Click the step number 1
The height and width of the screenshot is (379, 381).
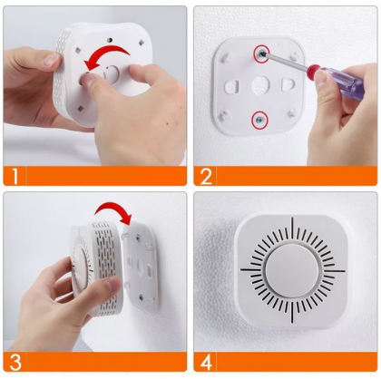(15, 176)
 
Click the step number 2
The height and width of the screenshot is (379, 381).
(206, 176)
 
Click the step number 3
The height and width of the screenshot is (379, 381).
(15, 362)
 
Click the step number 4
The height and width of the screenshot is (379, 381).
(206, 362)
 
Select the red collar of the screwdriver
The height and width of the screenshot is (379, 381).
(313, 69)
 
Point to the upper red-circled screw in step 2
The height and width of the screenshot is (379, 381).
(261, 53)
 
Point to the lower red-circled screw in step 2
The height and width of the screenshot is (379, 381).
(259, 119)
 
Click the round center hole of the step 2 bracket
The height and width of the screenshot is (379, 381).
(260, 84)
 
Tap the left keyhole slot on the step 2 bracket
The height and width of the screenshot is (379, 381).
(232, 85)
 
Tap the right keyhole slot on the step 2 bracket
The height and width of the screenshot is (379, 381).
(288, 84)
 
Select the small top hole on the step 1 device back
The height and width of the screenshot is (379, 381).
(111, 40)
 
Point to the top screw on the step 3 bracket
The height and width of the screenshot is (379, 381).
(138, 237)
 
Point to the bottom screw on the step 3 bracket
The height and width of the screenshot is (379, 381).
(141, 297)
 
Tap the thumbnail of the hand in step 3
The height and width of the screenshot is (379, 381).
(112, 285)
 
